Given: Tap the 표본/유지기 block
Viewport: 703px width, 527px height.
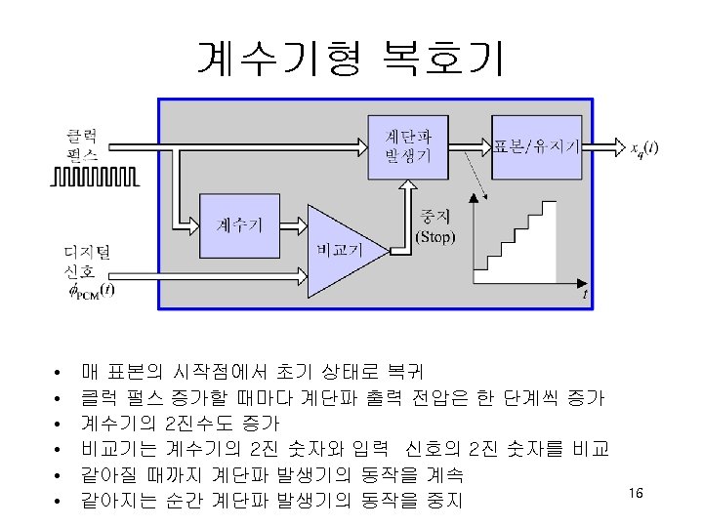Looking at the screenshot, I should (538, 146).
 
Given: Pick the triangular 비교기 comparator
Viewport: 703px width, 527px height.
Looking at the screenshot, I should (337, 250).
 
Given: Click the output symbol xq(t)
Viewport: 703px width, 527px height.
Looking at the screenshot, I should (643, 148).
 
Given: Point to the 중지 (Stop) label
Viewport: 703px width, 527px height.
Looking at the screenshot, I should (434, 225).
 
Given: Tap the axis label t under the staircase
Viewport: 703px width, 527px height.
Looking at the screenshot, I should (584, 293).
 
